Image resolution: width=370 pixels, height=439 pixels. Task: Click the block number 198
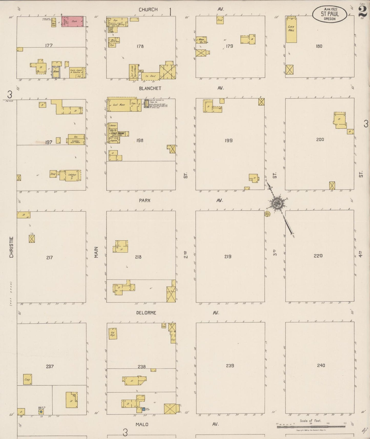point(140,140)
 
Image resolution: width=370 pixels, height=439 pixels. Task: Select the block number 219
point(228,256)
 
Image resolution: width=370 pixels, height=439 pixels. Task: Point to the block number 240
point(321,365)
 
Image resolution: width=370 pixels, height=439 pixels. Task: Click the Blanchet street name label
point(150,88)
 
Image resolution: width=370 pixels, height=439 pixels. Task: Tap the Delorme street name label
point(146,313)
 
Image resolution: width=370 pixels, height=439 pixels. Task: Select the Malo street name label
point(142,424)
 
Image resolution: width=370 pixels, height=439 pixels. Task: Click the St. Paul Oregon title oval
point(330,14)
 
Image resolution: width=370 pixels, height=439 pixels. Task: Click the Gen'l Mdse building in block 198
point(119,105)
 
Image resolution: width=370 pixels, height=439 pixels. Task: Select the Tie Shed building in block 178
point(151,76)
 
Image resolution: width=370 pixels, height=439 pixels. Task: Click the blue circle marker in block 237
point(41,412)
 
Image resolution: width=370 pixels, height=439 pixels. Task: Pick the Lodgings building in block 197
point(73,175)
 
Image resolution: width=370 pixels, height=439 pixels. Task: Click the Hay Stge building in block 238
point(113,333)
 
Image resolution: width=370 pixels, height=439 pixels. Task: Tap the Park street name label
point(145,200)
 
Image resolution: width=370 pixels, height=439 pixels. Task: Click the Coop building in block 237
point(27,379)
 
